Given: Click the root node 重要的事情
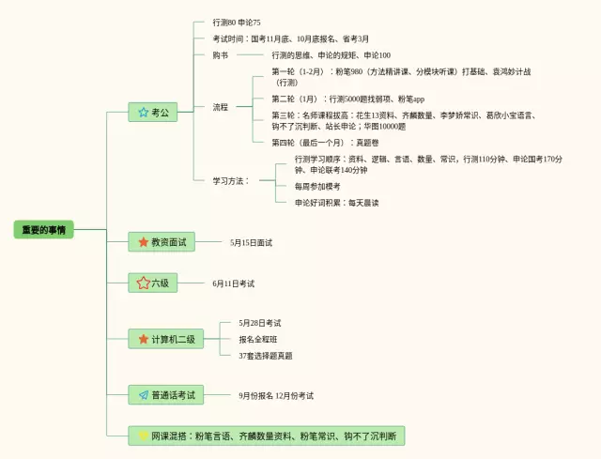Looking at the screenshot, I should pyautogui.click(x=43, y=230).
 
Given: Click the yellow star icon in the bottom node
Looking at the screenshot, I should pyautogui.click(x=143, y=436).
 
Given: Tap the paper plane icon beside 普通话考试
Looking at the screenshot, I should pyautogui.click(x=143, y=395).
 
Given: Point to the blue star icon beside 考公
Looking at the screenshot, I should pyautogui.click(x=143, y=113).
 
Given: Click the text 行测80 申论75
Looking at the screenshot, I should pyautogui.click(x=237, y=22).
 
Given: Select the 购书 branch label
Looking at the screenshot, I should pyautogui.click(x=222, y=55).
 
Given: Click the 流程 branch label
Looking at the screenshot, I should pyautogui.click(x=222, y=107).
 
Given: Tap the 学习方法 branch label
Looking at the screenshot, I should pyautogui.click(x=231, y=180).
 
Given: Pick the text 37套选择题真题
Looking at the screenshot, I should pyautogui.click(x=266, y=355).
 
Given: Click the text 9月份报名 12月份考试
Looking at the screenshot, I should pyautogui.click(x=276, y=395).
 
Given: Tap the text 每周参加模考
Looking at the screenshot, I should pyautogui.click(x=317, y=186).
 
